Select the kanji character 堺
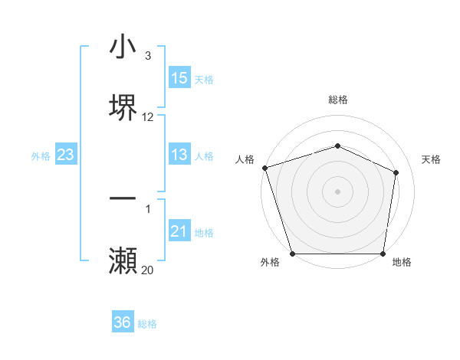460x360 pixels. click(123, 106)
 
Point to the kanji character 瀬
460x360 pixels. click(123, 261)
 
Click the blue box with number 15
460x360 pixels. click(179, 78)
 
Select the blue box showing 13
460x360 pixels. click(179, 155)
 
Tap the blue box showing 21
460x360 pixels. click(179, 231)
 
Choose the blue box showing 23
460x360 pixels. click(66, 155)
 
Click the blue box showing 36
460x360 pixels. click(123, 322)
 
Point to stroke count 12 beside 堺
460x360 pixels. click(148, 117)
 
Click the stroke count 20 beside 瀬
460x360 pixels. click(148, 270)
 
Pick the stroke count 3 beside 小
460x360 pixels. click(148, 56)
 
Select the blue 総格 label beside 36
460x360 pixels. click(147, 324)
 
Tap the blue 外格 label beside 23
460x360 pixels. click(41, 156)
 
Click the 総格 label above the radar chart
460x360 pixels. click(338, 100)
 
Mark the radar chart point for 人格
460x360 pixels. click(264, 168)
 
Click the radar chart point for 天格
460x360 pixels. click(396, 172)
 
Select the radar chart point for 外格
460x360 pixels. click(293, 254)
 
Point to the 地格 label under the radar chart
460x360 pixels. click(402, 263)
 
